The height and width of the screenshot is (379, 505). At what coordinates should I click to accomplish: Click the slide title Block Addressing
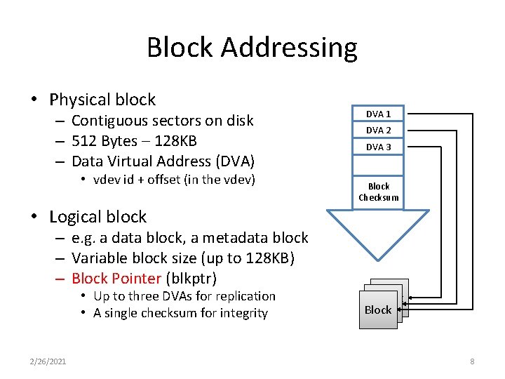pyautogui.click(x=252, y=48)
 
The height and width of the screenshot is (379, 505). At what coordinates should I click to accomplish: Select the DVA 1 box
pyautogui.click(x=378, y=114)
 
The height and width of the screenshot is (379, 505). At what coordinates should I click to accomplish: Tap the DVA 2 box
pyautogui.click(x=378, y=130)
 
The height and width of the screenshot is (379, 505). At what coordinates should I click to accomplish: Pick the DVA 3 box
pyautogui.click(x=378, y=147)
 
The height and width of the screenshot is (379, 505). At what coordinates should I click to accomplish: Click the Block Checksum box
pyautogui.click(x=378, y=192)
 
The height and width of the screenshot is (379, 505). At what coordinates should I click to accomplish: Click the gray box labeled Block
pyautogui.click(x=378, y=310)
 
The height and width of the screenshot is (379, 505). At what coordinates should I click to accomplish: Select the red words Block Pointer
pyautogui.click(x=116, y=278)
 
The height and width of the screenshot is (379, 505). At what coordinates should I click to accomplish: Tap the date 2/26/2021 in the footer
pyautogui.click(x=48, y=361)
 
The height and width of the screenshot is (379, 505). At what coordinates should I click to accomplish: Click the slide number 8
pyautogui.click(x=472, y=361)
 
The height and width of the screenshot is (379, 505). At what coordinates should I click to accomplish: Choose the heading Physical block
pyautogui.click(x=102, y=100)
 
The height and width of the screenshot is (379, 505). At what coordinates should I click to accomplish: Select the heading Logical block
pyautogui.click(x=97, y=217)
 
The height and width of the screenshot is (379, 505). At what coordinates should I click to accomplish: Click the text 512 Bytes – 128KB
pyautogui.click(x=134, y=140)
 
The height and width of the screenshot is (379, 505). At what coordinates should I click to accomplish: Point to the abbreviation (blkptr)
pyautogui.click(x=191, y=278)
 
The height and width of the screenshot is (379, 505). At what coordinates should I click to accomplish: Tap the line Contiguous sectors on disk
pyautogui.click(x=162, y=121)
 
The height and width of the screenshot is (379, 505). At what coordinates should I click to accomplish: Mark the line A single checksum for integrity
pyautogui.click(x=180, y=313)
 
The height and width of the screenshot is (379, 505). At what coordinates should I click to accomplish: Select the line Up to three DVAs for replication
pyautogui.click(x=184, y=296)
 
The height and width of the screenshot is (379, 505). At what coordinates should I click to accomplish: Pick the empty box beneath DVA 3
pyautogui.click(x=378, y=165)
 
